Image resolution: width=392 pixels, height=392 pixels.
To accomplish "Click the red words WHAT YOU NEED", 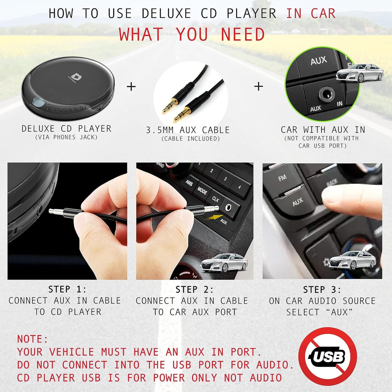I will click(192, 35).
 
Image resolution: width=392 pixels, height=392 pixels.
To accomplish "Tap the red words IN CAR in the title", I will click(311, 14).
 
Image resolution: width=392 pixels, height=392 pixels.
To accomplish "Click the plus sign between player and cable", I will click(131, 87).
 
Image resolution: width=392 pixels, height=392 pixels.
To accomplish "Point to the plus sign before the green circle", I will click(259, 86).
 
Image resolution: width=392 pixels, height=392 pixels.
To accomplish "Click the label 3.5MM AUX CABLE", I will click(188, 130).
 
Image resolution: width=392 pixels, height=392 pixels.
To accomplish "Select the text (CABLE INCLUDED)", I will click(190, 139).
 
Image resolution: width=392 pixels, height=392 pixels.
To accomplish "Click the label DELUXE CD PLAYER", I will click(66, 129).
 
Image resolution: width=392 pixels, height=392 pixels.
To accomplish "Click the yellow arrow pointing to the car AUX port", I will click(213, 216).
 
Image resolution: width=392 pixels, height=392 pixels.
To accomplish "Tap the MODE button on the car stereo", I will click(202, 191).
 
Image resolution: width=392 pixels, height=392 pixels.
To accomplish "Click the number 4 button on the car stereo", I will click(239, 187).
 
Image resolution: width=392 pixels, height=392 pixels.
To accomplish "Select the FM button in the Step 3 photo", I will click(282, 178).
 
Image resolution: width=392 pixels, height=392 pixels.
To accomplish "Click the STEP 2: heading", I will click(195, 290).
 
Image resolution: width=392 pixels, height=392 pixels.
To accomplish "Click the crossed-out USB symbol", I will click(327, 356).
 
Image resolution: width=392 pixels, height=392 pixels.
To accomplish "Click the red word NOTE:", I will click(33, 339).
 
